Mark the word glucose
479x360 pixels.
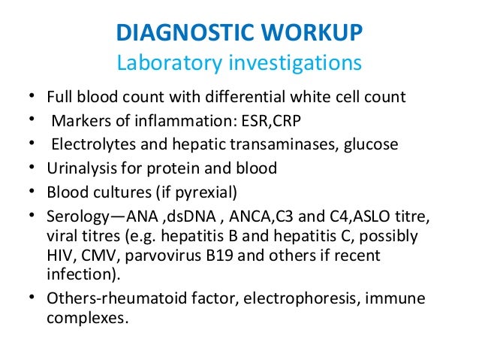pyautogui.click(x=372, y=145)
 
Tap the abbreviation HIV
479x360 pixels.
pyautogui.click(x=60, y=256)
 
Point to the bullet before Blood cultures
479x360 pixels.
pyautogui.click(x=31, y=192)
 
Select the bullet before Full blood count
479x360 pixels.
pyautogui.click(x=31, y=96)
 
